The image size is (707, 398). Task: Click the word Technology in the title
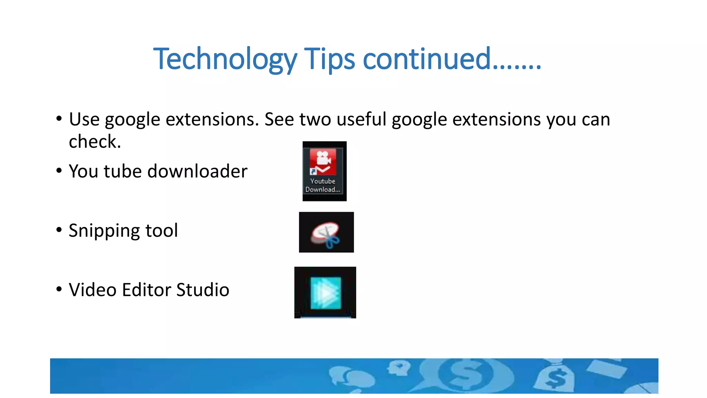pos(225,59)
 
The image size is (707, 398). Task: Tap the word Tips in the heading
pos(329,59)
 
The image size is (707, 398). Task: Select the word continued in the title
pos(427,59)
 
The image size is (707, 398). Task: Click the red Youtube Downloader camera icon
pos(323,162)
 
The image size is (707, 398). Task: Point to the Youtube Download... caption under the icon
pos(323,186)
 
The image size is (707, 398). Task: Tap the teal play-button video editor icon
pos(326,293)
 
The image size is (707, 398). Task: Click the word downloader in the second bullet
pos(197,171)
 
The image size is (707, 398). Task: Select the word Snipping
pos(104,231)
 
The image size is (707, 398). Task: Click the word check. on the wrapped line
pos(95,142)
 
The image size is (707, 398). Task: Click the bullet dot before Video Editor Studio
pos(59,289)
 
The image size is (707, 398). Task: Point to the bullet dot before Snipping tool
pos(59,229)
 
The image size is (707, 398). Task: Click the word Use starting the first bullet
pos(84,120)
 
